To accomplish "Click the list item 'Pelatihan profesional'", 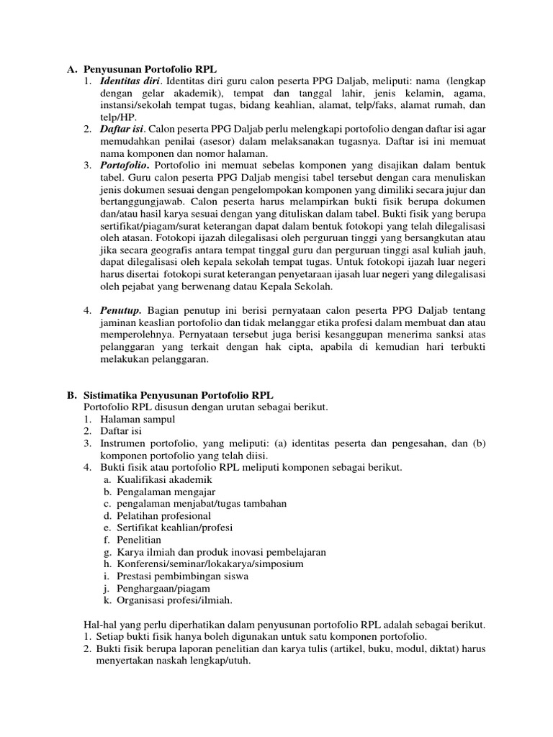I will click(164, 515).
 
